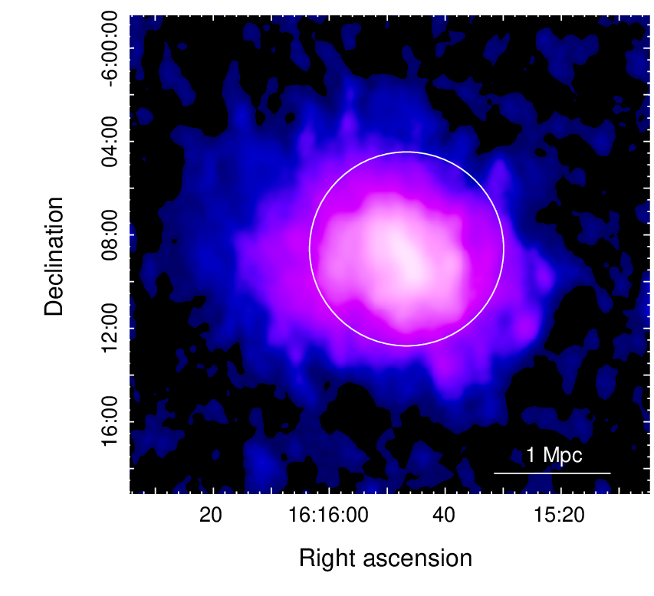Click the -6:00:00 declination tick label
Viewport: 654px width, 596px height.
tap(110, 49)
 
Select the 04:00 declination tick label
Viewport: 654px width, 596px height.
tap(110, 142)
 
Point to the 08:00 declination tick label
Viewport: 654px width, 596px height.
tap(110, 235)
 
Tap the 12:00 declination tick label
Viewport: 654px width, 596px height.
tap(110, 329)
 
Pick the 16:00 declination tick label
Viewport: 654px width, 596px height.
tap(110, 422)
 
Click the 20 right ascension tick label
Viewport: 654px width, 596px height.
tap(211, 515)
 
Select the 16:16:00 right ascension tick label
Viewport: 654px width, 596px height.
tap(328, 515)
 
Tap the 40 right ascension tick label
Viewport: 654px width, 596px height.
tap(444, 515)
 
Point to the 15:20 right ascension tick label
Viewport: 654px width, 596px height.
tap(560, 515)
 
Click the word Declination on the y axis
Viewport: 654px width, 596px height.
tap(54, 257)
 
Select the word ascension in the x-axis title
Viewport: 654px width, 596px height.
tap(418, 558)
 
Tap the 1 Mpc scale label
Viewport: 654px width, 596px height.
tap(554, 455)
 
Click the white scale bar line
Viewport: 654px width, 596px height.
tap(552, 473)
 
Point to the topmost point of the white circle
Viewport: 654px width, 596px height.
tap(406, 152)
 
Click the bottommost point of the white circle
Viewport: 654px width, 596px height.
tap(406, 345)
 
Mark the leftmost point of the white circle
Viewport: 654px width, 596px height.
tap(310, 249)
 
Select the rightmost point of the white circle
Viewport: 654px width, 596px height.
tap(504, 249)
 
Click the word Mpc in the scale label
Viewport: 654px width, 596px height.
tap(562, 456)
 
